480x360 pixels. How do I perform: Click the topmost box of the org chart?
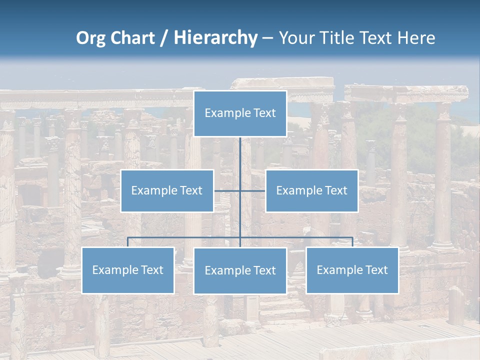coord(240,113)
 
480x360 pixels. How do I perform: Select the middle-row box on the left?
coord(167,190)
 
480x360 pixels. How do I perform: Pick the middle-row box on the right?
coord(311,190)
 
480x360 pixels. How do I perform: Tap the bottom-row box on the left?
coord(127,270)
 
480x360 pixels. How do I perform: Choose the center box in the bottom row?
coord(240,270)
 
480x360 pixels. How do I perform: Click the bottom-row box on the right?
coord(352,270)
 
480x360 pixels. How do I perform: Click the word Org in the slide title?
coord(90,38)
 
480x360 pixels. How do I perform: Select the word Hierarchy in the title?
coord(215,38)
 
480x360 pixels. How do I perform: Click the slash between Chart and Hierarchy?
coord(164,38)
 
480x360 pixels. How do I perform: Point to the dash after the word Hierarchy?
coord(267,38)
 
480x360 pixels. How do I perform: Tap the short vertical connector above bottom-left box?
coord(127,242)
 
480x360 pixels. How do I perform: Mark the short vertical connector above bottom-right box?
coord(352,242)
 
